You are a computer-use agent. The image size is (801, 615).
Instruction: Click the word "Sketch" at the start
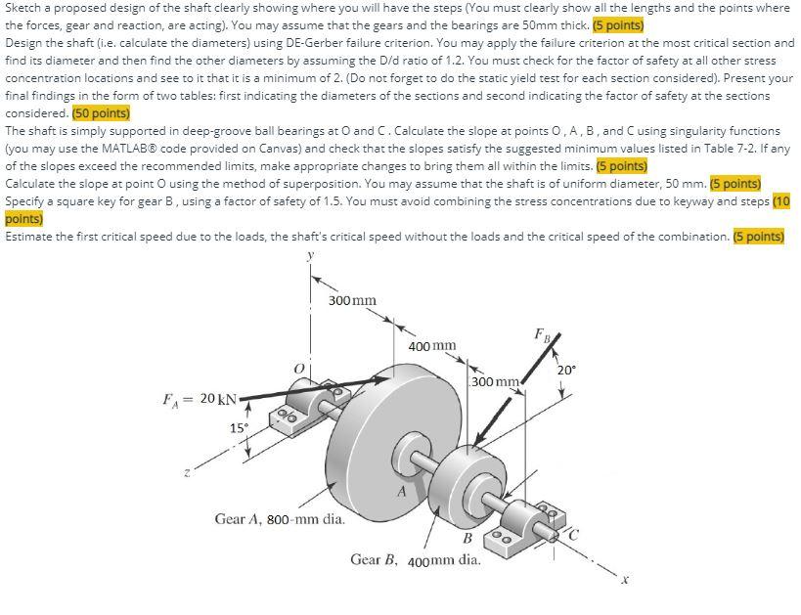(23, 8)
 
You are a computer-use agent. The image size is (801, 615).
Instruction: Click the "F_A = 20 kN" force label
(199, 399)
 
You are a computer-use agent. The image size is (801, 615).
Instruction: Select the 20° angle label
(566, 371)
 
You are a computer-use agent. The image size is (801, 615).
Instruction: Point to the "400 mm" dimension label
(431, 346)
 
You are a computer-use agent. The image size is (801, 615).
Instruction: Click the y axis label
(312, 257)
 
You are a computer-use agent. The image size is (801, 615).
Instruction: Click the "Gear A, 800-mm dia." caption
(280, 519)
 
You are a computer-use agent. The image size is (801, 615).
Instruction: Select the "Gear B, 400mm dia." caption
(416, 560)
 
